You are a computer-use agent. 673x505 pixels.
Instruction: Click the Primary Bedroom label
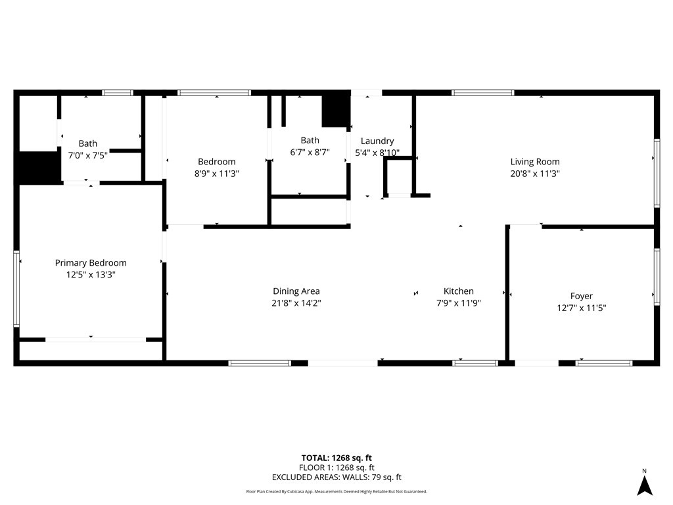pyautogui.click(x=91, y=263)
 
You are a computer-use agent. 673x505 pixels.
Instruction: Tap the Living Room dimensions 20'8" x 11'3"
pyautogui.click(x=535, y=174)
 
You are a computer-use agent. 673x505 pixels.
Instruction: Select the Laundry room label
pyautogui.click(x=377, y=141)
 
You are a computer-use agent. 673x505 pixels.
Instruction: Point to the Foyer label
pyautogui.click(x=581, y=296)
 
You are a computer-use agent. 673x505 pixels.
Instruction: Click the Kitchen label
pyautogui.click(x=458, y=291)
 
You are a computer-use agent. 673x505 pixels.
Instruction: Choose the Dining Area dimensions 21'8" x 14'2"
pyautogui.click(x=296, y=303)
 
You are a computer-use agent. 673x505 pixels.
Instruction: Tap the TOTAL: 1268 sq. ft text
pyautogui.click(x=336, y=458)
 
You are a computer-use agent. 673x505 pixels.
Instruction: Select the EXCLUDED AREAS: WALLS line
pyautogui.click(x=336, y=477)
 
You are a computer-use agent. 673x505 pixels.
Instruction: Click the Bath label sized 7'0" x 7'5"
pyautogui.click(x=88, y=143)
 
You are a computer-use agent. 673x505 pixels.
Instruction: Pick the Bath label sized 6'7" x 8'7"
pyautogui.click(x=310, y=140)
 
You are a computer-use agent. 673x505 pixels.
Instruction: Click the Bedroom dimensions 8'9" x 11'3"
pyautogui.click(x=217, y=174)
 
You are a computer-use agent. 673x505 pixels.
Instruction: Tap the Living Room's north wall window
pyautogui.click(x=483, y=93)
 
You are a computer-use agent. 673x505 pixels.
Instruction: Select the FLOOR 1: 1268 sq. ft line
pyautogui.click(x=336, y=468)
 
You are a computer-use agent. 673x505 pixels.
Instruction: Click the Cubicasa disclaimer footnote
pyautogui.click(x=336, y=491)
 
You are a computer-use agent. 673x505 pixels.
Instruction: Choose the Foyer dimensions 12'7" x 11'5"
pyautogui.click(x=581, y=307)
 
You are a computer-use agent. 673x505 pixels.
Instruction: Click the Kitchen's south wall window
pyautogui.click(x=476, y=362)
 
